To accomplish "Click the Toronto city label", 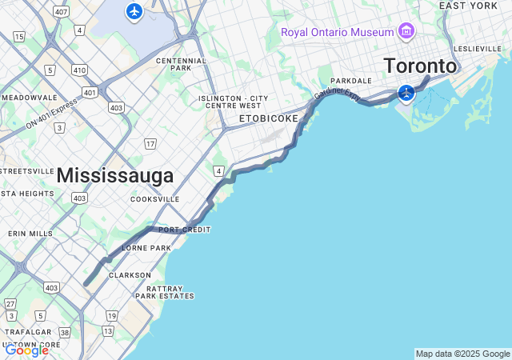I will [420, 66].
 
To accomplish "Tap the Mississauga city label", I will [115, 175].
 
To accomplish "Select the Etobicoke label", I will [269, 118].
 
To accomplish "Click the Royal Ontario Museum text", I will [337, 32].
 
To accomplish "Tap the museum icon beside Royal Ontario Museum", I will [406, 31].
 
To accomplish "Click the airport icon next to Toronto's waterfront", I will [406, 93].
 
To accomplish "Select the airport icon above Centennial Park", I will [134, 11].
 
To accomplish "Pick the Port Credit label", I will [184, 230].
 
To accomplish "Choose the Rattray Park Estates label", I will [165, 292].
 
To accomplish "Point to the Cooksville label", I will [154, 199].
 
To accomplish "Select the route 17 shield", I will [150, 144].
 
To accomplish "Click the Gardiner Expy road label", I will [338, 95].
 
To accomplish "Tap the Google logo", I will [26, 350].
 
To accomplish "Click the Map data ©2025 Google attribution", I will [462, 354].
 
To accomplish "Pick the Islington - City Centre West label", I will [234, 102].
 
